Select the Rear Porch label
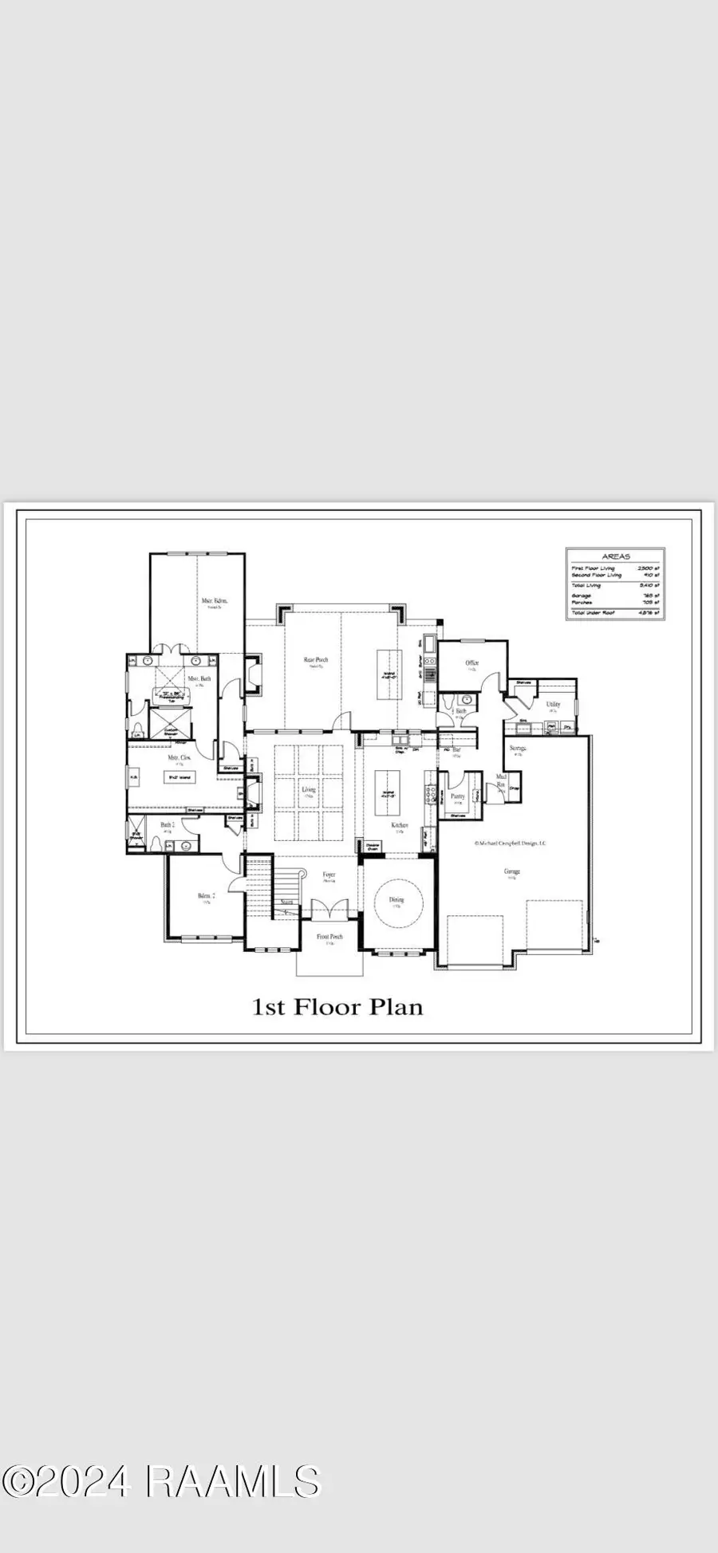(316, 659)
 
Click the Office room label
(472, 662)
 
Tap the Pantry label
(458, 796)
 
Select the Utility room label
(553, 704)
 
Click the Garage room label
(511, 871)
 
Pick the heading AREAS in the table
(615, 556)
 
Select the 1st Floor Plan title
(337, 1007)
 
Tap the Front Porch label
(329, 936)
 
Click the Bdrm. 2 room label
(205, 896)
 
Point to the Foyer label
(329, 875)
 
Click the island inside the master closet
(179, 776)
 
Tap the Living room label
(309, 790)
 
